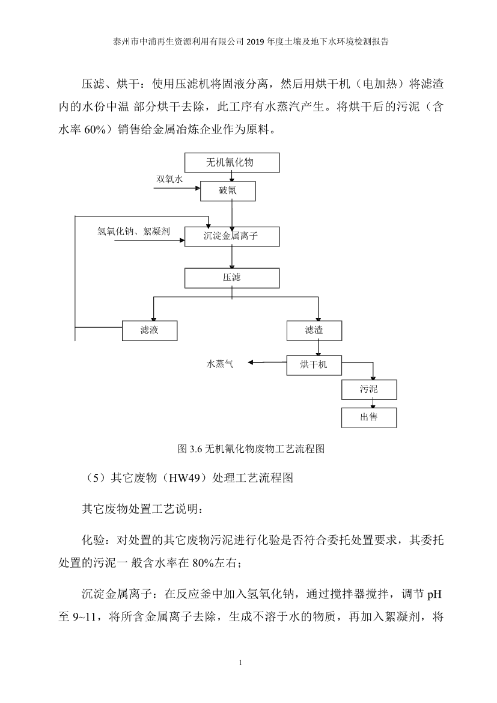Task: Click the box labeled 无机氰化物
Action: point(232,162)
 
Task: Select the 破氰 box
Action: point(232,191)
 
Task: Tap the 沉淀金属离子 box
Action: point(232,236)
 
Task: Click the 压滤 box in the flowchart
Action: point(232,278)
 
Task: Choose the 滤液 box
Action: point(150,330)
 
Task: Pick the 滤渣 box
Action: point(314,330)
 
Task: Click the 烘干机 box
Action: point(314,364)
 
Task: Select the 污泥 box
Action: point(369,390)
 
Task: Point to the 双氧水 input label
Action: point(169,179)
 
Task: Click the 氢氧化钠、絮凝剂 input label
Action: point(134,231)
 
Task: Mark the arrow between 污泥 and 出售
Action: point(369,404)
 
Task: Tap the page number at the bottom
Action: point(240,663)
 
